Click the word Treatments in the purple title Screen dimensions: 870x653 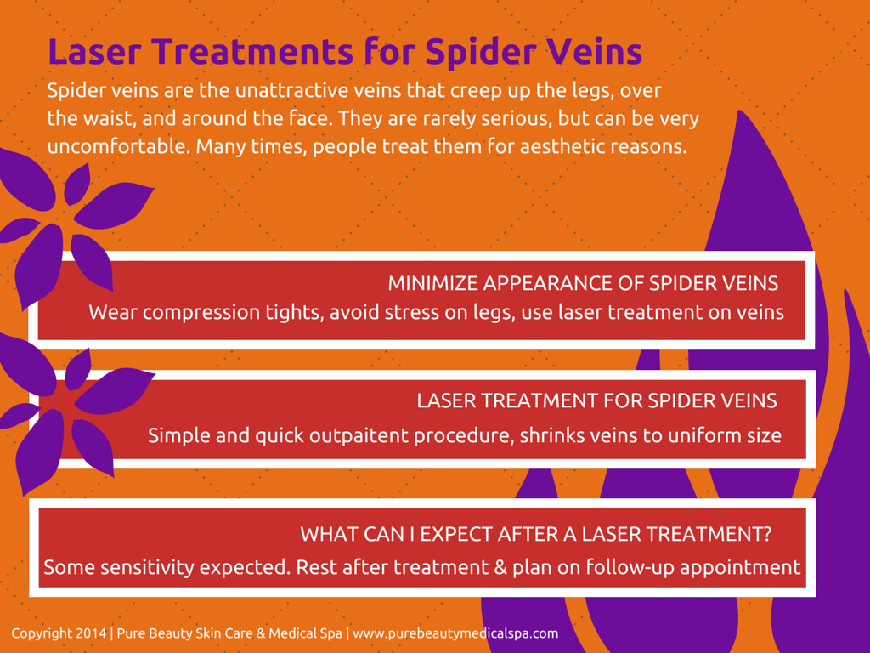click(x=252, y=51)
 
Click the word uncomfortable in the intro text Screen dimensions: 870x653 click(x=118, y=146)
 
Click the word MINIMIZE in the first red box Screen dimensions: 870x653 click(x=432, y=283)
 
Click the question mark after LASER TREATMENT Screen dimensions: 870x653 click(x=766, y=534)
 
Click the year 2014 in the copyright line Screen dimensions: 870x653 click(x=91, y=633)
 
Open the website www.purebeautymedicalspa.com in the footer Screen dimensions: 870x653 click(x=455, y=633)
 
